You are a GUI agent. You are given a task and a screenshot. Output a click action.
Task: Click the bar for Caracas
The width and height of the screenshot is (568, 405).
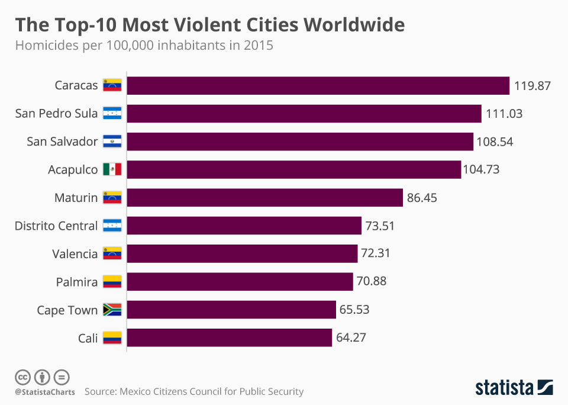tap(318, 85)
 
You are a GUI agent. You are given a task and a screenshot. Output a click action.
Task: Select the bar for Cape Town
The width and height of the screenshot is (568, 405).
tap(231, 310)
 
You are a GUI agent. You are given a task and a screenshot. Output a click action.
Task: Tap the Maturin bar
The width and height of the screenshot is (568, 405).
tap(265, 198)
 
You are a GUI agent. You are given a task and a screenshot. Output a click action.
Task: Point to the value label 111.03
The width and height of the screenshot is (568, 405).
tap(504, 114)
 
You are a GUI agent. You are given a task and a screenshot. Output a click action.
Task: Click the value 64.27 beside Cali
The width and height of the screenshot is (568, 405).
tap(354, 338)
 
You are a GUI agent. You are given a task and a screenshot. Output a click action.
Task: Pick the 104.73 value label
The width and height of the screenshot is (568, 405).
tap(482, 170)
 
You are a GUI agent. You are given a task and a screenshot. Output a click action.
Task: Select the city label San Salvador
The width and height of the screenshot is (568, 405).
tap(62, 142)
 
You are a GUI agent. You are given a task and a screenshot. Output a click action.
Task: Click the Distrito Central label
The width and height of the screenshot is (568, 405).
tap(56, 226)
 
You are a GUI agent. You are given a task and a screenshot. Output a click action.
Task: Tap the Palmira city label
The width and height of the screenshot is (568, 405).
tap(76, 282)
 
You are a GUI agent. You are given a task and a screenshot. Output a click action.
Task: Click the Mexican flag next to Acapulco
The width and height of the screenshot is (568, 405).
tap(112, 170)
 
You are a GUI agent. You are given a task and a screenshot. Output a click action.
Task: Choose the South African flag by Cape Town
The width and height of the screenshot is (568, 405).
tap(112, 310)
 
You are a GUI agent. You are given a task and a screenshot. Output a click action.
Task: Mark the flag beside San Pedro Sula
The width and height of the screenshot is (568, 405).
tap(112, 114)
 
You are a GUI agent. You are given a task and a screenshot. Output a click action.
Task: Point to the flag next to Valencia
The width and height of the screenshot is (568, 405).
tap(112, 254)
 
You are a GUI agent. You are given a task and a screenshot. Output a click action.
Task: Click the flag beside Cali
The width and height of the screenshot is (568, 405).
tap(112, 338)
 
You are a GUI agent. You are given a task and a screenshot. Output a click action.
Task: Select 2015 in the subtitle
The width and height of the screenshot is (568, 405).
tap(258, 46)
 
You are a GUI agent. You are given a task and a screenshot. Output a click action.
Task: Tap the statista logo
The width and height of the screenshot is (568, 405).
tap(514, 388)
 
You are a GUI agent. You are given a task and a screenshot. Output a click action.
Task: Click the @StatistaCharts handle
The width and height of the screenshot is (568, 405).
tap(45, 392)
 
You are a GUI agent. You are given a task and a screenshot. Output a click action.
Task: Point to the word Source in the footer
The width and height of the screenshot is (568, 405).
tap(100, 391)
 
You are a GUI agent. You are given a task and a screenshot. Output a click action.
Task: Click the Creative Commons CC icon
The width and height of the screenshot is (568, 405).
tap(22, 377)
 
